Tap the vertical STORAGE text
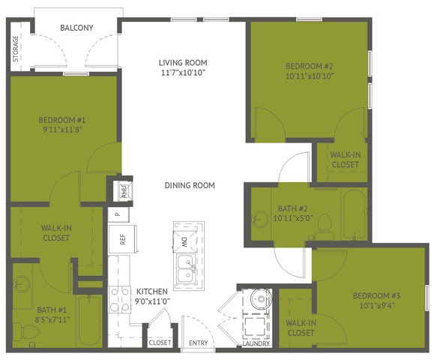pos(16,47)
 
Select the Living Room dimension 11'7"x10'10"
pos(182,73)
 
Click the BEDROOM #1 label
pos(63,119)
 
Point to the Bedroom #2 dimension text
pos(310,76)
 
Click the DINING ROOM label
pos(190,185)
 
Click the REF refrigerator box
pos(122,239)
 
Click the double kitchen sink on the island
pos(185,271)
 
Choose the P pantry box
pos(118,214)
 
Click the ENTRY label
pos(199,343)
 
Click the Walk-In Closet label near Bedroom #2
pos(345,160)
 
